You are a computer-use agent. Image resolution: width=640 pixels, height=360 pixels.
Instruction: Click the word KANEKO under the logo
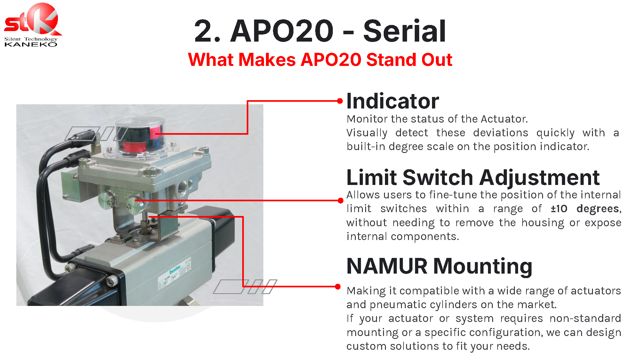(31, 44)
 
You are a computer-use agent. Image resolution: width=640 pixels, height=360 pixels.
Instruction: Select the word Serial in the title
(404, 31)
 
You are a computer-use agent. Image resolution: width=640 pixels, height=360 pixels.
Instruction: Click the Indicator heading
(393, 101)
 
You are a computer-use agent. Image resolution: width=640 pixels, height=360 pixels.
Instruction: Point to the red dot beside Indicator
(340, 101)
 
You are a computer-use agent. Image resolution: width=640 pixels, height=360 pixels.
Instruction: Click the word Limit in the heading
(372, 177)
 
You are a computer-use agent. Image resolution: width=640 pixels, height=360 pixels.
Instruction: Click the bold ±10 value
(559, 209)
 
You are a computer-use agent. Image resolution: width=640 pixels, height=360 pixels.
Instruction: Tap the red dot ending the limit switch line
(340, 201)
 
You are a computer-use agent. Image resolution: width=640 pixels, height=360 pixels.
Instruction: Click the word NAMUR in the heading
(387, 266)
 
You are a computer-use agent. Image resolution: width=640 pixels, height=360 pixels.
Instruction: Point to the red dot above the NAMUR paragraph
(338, 286)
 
